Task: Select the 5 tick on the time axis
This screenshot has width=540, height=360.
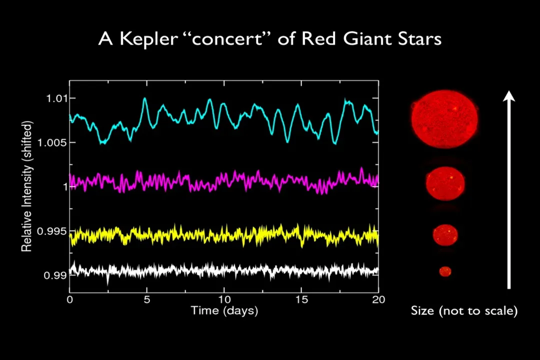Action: [147, 299]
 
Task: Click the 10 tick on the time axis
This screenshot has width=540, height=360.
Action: [224, 299]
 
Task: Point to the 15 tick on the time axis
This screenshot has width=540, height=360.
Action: [301, 299]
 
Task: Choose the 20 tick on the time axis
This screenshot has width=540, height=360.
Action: [378, 299]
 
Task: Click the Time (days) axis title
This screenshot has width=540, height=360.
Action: [224, 310]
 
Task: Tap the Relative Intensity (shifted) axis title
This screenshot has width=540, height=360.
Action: [27, 186]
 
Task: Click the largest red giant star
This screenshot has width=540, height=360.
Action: [444, 119]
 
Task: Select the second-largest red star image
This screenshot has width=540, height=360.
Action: [445, 183]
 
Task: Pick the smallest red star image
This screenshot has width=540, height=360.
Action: [445, 271]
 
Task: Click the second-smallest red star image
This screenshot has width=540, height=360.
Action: [445, 235]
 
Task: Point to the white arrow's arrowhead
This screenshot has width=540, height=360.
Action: [509, 96]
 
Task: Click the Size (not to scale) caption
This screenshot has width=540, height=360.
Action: [464, 311]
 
